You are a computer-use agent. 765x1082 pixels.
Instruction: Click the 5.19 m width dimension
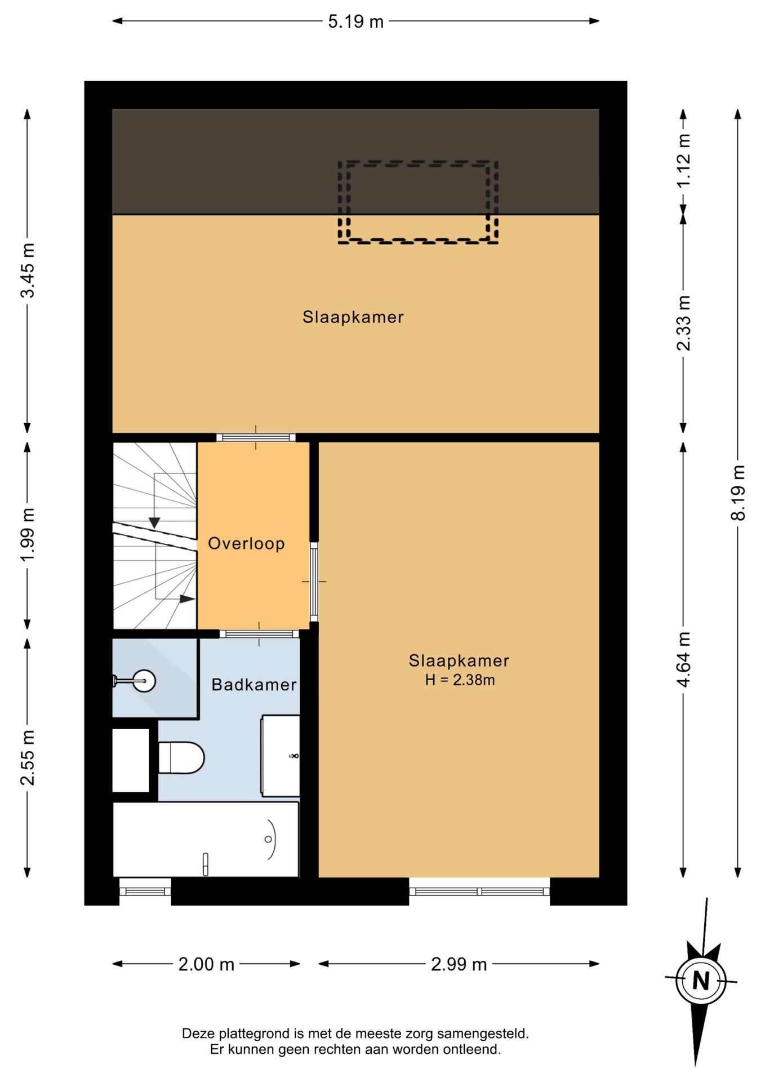(355, 21)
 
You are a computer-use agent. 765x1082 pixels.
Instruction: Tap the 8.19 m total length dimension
(738, 493)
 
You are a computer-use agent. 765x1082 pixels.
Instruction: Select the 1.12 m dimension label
(683, 161)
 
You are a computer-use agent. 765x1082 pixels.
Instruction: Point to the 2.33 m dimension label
(683, 323)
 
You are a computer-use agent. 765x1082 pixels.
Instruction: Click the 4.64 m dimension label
(683, 659)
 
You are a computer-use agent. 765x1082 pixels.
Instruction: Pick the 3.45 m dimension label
(27, 270)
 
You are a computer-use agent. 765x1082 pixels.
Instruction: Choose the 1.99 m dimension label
(27, 535)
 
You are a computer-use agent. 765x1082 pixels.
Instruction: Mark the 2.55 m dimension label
(27, 757)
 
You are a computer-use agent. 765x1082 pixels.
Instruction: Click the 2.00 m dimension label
(206, 964)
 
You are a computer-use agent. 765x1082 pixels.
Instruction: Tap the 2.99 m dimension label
(459, 964)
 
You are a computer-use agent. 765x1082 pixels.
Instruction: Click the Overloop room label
(246, 543)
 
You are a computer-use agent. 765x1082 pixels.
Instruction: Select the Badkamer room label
(254, 685)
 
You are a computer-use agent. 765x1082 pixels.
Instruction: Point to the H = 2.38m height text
(460, 680)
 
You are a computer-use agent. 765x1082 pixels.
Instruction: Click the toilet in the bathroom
(181, 757)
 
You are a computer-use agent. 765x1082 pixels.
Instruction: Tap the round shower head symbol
(145, 681)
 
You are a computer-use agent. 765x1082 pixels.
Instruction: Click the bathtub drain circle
(268, 839)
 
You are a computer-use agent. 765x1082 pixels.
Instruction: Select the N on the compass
(701, 981)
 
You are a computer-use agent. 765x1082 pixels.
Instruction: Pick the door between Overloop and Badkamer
(259, 634)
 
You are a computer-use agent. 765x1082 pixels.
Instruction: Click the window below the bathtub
(145, 891)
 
